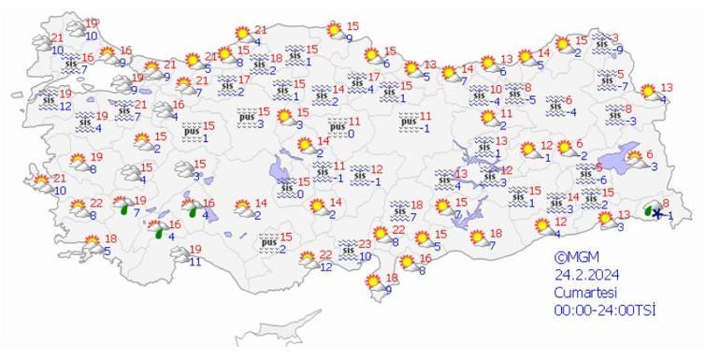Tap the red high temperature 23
(365, 244)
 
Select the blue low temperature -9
(619, 50)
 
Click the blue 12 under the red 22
(325, 267)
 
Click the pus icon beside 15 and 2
(266, 243)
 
